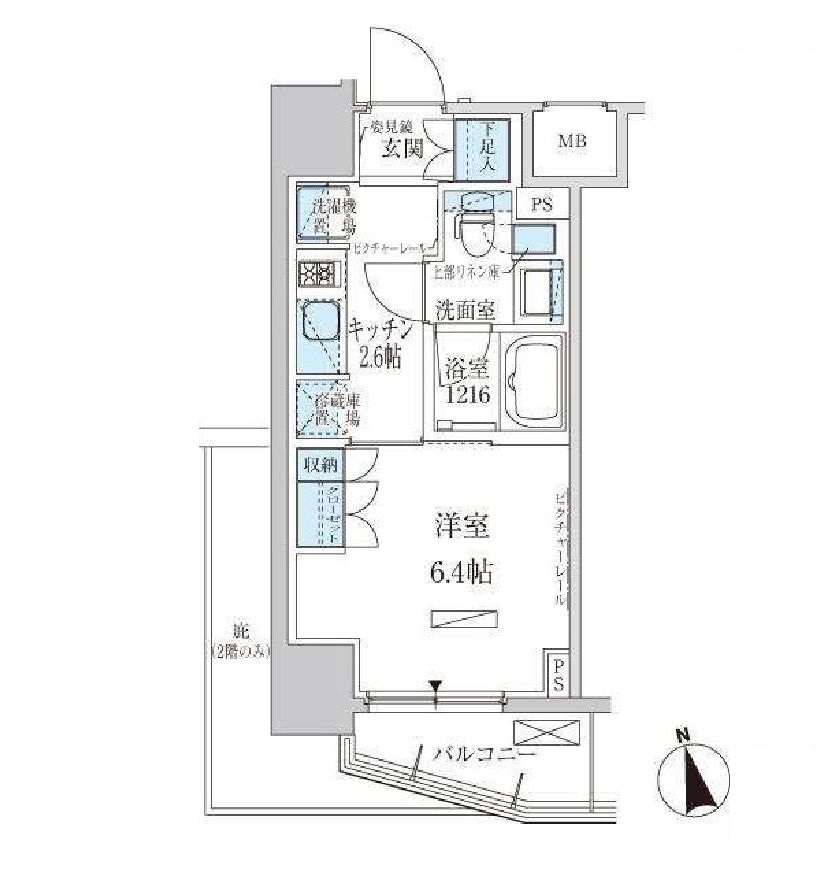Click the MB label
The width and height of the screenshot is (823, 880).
(573, 141)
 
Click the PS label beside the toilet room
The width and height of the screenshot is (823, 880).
(542, 205)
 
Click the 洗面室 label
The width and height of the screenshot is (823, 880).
(464, 310)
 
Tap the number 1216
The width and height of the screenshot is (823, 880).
(466, 395)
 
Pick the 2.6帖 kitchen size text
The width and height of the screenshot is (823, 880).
(378, 356)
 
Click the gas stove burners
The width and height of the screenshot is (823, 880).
(317, 274)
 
